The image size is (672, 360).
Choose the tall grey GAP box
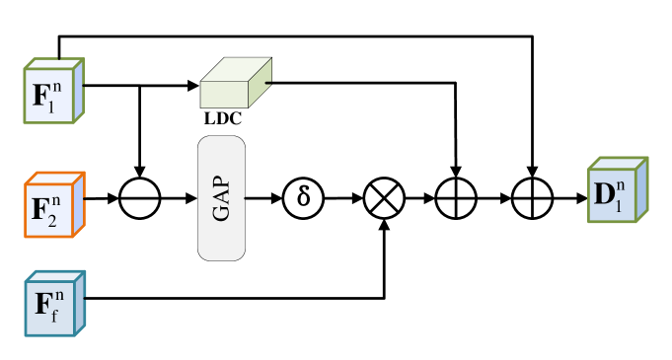point(221,198)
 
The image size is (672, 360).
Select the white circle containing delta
point(303,198)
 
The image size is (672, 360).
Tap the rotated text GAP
point(221,198)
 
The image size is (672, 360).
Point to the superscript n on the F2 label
point(59,200)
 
